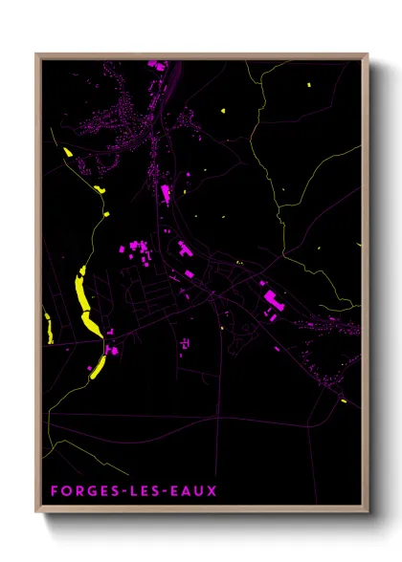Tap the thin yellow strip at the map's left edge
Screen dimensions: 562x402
coord(46,328)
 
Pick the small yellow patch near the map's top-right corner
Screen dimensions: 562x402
coord(309,86)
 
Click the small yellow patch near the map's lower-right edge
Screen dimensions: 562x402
coord(343,401)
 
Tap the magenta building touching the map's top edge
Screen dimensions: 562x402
coord(153,65)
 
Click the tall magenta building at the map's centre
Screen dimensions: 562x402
coord(166,195)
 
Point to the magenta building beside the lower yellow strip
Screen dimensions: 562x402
coord(112,351)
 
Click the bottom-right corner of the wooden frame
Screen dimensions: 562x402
coord(367,511)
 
